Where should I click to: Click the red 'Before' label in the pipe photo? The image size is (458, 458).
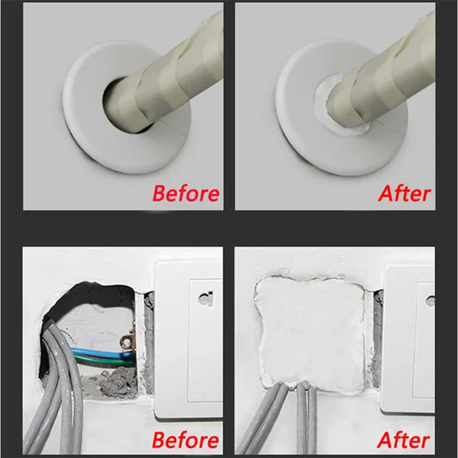pos(185,194)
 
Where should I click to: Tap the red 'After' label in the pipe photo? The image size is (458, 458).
pos(404,194)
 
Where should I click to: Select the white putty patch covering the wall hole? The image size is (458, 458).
pos(309,332)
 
